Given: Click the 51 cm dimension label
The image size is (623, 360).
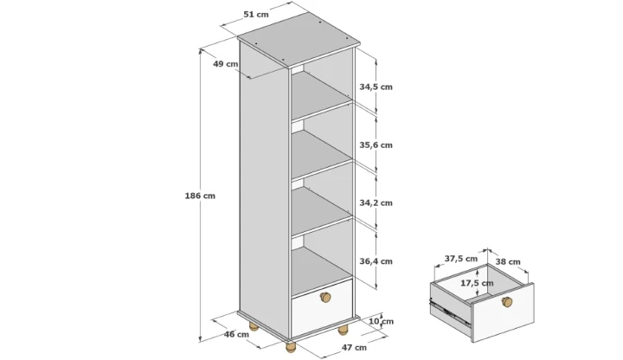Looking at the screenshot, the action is pyautogui.click(x=256, y=15).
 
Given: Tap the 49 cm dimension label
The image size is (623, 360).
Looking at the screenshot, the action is pyautogui.click(x=225, y=63).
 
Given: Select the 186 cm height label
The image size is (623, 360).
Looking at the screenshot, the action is pyautogui.click(x=200, y=196).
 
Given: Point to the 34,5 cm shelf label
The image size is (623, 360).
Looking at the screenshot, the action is pyautogui.click(x=376, y=87).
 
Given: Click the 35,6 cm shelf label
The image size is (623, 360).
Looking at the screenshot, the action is pyautogui.click(x=376, y=145).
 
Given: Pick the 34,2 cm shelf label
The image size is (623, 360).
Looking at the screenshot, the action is pyautogui.click(x=376, y=202).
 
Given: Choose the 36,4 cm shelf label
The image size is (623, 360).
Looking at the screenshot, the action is pyautogui.click(x=376, y=261).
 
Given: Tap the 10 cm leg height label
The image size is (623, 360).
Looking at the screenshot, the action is pyautogui.click(x=381, y=321).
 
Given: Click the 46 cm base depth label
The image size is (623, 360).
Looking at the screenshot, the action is pyautogui.click(x=236, y=334).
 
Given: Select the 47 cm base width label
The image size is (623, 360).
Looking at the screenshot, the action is pyautogui.click(x=354, y=347).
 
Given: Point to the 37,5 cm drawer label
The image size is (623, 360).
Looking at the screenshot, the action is pyautogui.click(x=461, y=259).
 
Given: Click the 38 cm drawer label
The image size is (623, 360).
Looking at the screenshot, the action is pyautogui.click(x=508, y=262).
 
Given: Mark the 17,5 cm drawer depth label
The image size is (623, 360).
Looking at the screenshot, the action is pyautogui.click(x=477, y=283).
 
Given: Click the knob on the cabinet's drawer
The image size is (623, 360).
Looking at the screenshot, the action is pyautogui.click(x=325, y=297).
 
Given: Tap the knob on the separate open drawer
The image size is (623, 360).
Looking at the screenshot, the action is pyautogui.click(x=507, y=302).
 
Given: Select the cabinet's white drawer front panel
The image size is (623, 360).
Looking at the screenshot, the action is pyautogui.click(x=322, y=308).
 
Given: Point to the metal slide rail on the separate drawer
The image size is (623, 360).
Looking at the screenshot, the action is pyautogui.click(x=450, y=311).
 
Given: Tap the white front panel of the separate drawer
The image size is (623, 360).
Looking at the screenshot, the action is pyautogui.click(x=503, y=312).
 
